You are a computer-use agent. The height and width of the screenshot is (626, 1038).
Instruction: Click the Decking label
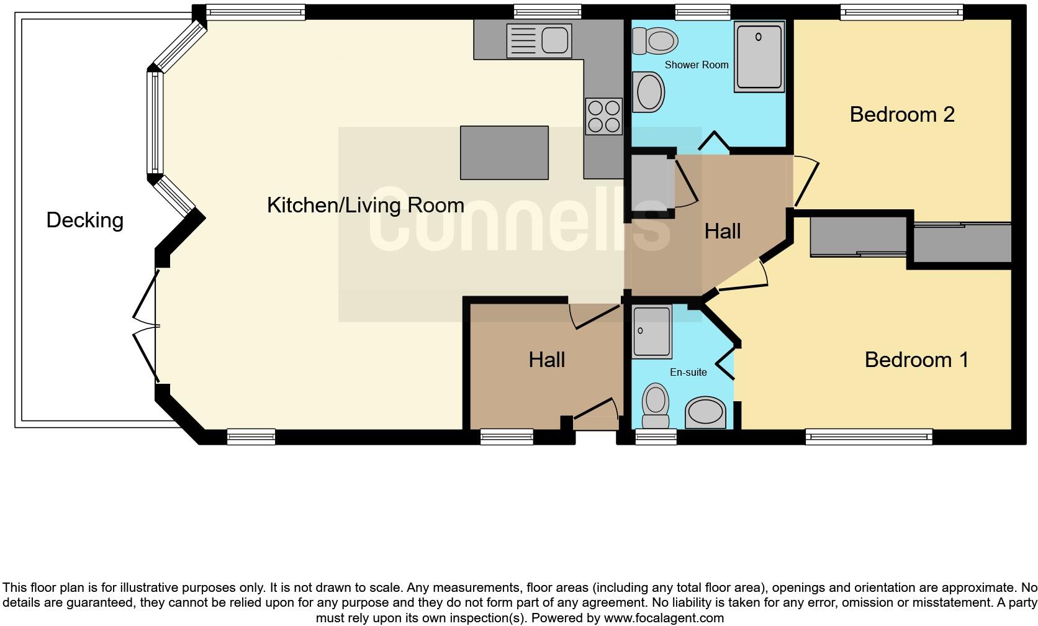pyautogui.click(x=84, y=220)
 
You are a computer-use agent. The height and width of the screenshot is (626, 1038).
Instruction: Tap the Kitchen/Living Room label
pyautogui.click(x=365, y=206)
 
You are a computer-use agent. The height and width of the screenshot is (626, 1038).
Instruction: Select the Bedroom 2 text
pyautogui.click(x=901, y=114)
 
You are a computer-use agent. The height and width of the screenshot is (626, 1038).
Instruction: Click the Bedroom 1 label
pyautogui.click(x=916, y=360)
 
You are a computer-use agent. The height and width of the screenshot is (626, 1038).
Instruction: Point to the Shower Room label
pyautogui.click(x=697, y=65)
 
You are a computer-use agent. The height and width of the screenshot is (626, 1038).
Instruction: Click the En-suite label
pyautogui.click(x=688, y=373)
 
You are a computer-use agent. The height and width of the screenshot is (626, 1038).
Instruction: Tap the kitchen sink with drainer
pyautogui.click(x=538, y=41)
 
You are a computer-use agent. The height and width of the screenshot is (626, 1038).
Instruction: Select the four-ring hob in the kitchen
pyautogui.click(x=603, y=116)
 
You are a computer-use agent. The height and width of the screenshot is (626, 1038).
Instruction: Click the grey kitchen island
pyautogui.click(x=504, y=153)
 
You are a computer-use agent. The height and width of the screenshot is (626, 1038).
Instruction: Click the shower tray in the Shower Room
pyautogui.click(x=759, y=57)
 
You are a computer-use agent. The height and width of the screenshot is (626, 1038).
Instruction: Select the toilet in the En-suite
pyautogui.click(x=655, y=405)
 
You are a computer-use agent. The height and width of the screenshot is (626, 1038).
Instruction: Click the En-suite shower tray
pyautogui.click(x=651, y=332)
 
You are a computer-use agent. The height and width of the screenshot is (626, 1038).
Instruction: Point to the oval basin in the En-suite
pyautogui.click(x=705, y=412)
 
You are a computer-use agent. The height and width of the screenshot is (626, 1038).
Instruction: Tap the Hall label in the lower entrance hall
pyautogui.click(x=546, y=360)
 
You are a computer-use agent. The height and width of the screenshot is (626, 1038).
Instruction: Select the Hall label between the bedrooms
pyautogui.click(x=722, y=232)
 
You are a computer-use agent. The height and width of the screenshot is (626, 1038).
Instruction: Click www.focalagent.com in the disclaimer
pyautogui.click(x=663, y=618)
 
